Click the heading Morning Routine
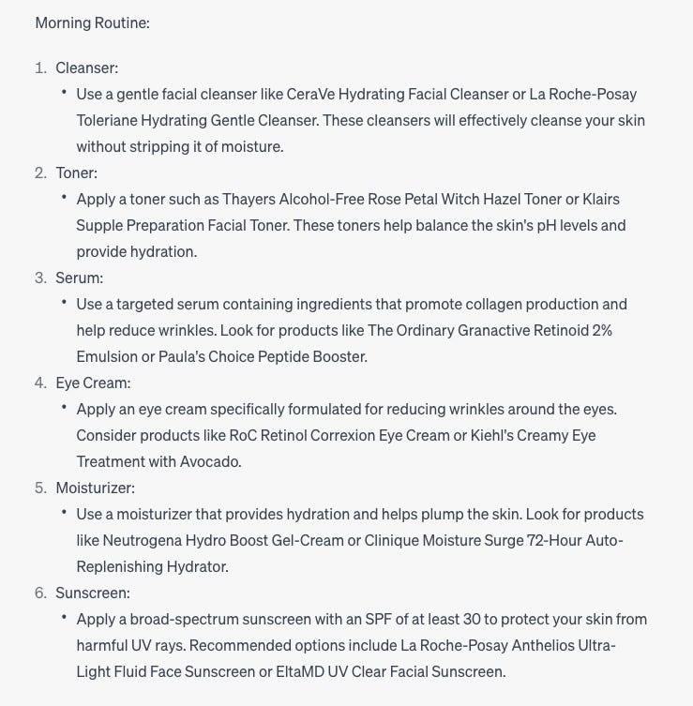(92, 23)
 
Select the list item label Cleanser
(86, 68)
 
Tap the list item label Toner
(76, 173)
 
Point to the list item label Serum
(79, 278)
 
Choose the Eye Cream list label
(93, 383)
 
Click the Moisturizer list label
(95, 488)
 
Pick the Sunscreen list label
(93, 593)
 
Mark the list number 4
(40, 383)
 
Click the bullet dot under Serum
(64, 303)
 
